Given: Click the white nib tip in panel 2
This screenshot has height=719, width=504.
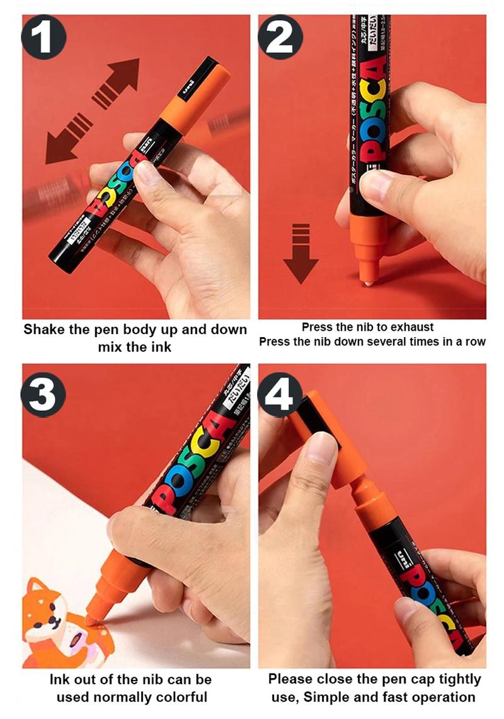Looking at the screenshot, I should coord(367,281).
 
